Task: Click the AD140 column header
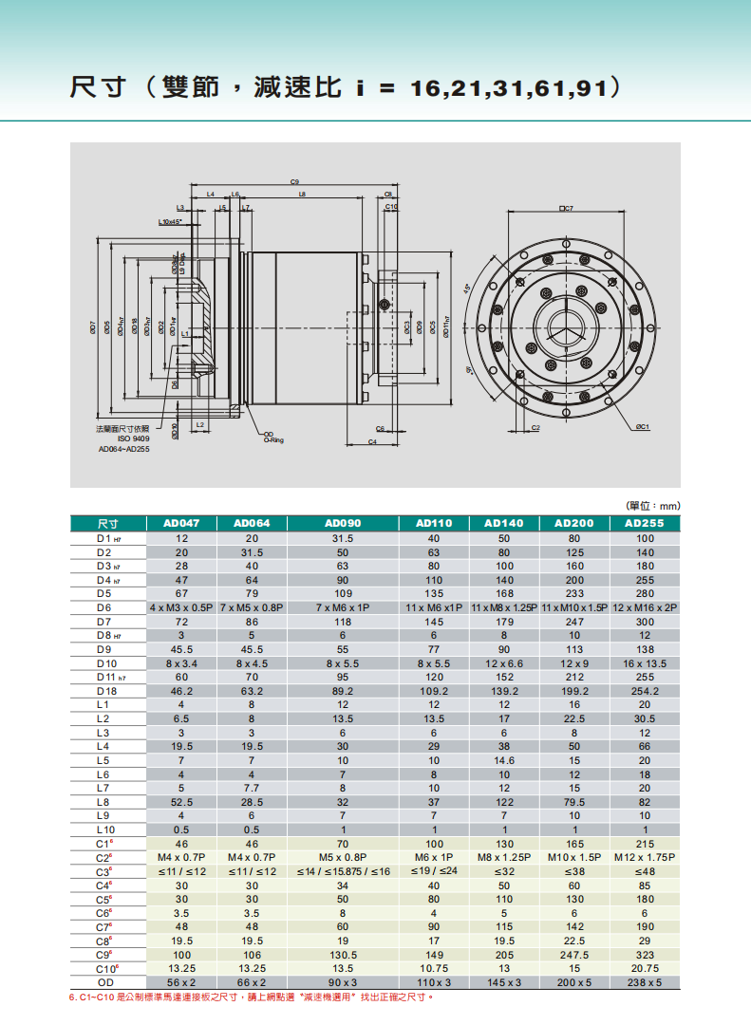click(x=504, y=523)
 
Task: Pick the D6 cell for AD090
click(x=343, y=606)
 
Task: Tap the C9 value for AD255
click(x=645, y=955)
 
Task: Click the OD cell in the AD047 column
click(x=181, y=982)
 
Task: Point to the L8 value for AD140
click(x=504, y=802)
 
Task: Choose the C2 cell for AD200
click(x=573, y=857)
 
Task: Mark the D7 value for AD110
click(x=434, y=621)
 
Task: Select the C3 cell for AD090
click(x=343, y=871)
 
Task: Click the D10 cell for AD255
click(x=645, y=662)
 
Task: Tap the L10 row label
click(x=105, y=829)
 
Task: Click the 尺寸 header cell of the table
click(x=107, y=523)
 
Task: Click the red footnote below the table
click(x=252, y=997)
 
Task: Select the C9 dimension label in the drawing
click(x=295, y=181)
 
